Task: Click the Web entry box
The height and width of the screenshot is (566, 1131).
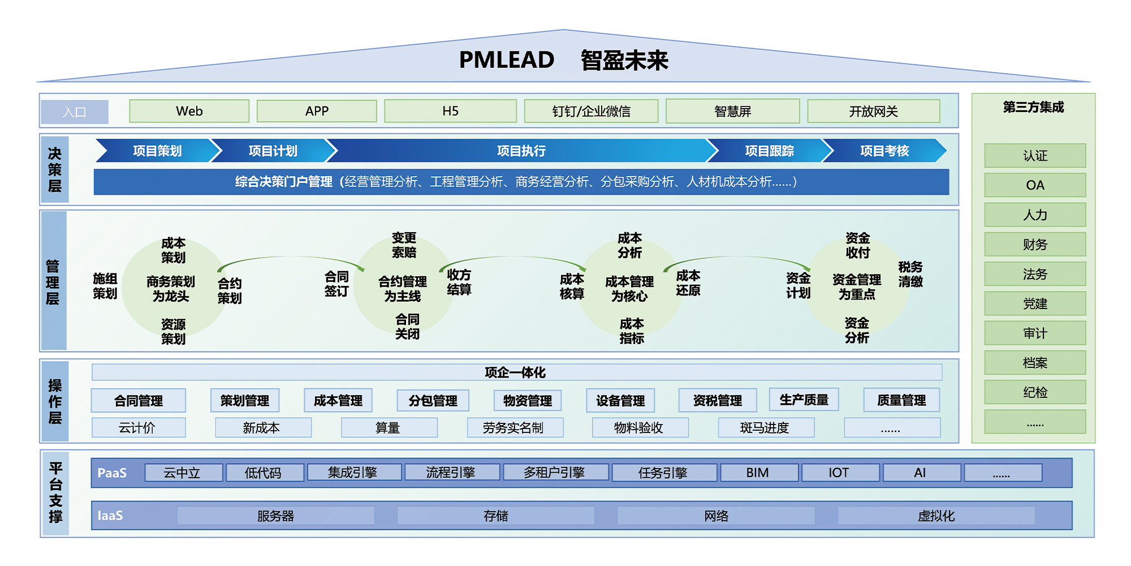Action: coord(189,111)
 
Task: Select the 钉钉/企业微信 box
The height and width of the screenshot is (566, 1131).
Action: coord(591,111)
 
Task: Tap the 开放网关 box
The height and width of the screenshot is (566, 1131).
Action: coord(873,111)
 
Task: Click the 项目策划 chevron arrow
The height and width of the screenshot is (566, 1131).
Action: coord(157,151)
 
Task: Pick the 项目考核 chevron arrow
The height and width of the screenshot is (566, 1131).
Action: coord(884,151)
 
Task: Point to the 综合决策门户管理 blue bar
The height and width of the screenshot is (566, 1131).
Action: coord(521,182)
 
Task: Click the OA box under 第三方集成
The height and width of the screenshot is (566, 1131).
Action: coord(1035,185)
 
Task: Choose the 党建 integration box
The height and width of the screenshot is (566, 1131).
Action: coord(1035,304)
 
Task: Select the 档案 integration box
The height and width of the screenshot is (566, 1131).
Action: coord(1035,363)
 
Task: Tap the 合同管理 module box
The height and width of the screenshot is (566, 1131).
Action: coord(139,401)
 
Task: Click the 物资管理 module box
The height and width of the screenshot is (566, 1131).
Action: coord(527,401)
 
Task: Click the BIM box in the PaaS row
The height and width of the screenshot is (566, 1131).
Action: coord(757,473)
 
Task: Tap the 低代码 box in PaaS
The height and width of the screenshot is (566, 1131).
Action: coord(264,473)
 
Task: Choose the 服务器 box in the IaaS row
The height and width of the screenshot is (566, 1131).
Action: coord(275,516)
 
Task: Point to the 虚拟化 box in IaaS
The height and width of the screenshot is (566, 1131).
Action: coord(936,516)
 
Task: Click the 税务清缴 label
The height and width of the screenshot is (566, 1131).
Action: coord(910,274)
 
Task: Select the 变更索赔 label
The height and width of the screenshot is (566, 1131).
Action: coord(404,245)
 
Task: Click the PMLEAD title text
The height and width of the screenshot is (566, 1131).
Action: coord(506,60)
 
